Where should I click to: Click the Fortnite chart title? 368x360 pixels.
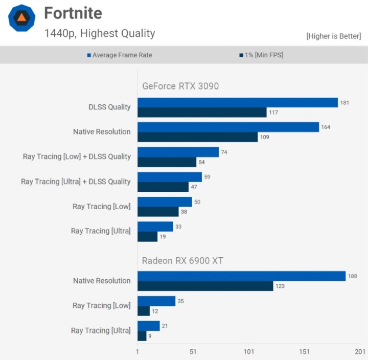coord(73,13)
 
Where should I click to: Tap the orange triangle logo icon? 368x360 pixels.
coord(22,18)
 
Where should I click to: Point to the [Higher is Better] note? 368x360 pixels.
coord(333,36)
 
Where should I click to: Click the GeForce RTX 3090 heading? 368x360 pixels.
coord(180,86)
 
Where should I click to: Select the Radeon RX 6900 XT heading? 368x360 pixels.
coord(182,261)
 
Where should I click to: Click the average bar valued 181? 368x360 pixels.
coord(238,102)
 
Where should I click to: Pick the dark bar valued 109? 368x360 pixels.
coord(197,137)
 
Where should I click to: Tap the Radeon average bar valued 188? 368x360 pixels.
coord(241,276)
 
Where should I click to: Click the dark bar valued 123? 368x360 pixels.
coord(205,286)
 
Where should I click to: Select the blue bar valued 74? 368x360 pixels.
coord(178,152)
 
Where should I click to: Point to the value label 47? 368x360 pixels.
coord(194,187)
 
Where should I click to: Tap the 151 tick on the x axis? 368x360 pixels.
coord(305,352)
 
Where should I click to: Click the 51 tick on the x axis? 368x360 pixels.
coord(193,352)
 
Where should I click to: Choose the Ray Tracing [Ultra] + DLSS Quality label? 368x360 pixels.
coord(76,182)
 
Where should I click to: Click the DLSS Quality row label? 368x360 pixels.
coord(109,107)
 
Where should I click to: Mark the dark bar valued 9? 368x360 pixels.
coord(142,335)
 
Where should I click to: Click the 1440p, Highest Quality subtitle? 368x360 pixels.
coord(100,34)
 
